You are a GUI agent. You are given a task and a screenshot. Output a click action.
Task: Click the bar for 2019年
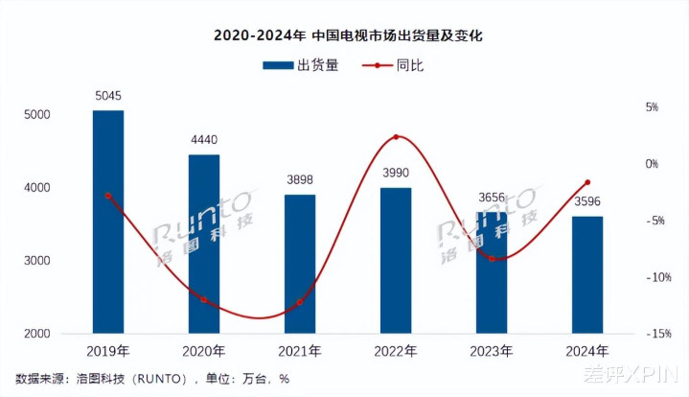pyautogui.click(x=108, y=222)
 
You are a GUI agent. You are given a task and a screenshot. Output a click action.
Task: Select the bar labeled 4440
pyautogui.click(x=204, y=245)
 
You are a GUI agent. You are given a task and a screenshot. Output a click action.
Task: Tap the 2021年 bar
pyautogui.click(x=300, y=264)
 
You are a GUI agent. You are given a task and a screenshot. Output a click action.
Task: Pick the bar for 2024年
pyautogui.click(x=587, y=275)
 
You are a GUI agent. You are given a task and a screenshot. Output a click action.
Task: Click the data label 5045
pyautogui.click(x=108, y=96)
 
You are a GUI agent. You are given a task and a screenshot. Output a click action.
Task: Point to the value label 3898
pyautogui.click(x=300, y=180)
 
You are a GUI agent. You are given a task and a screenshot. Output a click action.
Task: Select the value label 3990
pyautogui.click(x=396, y=173)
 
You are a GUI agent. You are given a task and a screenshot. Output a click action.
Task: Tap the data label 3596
pyautogui.click(x=587, y=201)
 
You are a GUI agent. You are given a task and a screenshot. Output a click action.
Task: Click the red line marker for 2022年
pyautogui.click(x=396, y=137)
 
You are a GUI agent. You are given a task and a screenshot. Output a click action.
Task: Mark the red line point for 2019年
pyautogui.click(x=108, y=196)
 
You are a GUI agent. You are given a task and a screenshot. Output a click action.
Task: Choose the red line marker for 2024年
pyautogui.click(x=587, y=182)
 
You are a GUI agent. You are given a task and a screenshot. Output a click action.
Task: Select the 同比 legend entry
pyautogui.click(x=395, y=65)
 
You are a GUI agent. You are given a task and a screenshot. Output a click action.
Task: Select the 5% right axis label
pyautogui.click(x=652, y=107)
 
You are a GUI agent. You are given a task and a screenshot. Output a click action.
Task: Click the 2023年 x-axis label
pyautogui.click(x=492, y=351)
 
